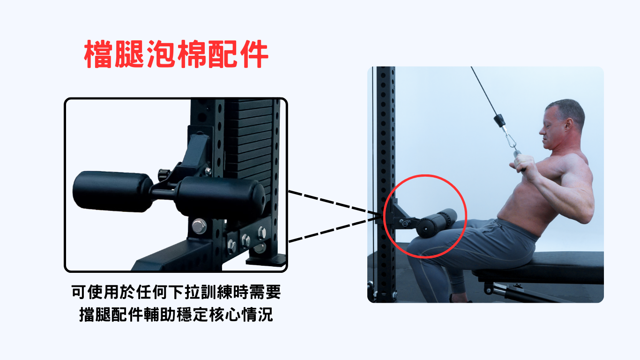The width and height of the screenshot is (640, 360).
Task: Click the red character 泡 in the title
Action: (x=161, y=54)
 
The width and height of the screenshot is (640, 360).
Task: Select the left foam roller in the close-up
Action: (x=112, y=191)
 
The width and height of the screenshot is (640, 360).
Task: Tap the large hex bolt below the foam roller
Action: (x=199, y=226)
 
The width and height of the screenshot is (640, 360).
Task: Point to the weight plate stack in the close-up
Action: (x=248, y=143)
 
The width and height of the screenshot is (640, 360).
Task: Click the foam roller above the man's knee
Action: (x=436, y=223)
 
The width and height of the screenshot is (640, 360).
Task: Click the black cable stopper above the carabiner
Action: (x=499, y=120)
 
